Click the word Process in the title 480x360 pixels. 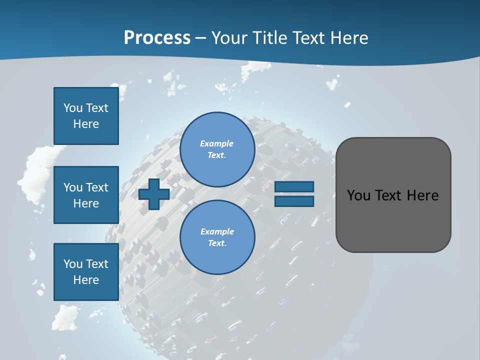pyautogui.click(x=157, y=38)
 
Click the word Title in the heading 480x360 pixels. pyautogui.click(x=270, y=38)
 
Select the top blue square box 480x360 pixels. pyautogui.click(x=86, y=116)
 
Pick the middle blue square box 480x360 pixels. pyautogui.click(x=86, y=195)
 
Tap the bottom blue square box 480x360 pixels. pyautogui.click(x=86, y=272)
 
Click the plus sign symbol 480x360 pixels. pyautogui.click(x=154, y=194)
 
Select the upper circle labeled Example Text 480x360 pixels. pyautogui.click(x=217, y=149)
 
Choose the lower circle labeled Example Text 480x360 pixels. pyautogui.click(x=217, y=237)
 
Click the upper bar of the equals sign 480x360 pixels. pyautogui.click(x=294, y=187)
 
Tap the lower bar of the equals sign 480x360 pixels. pyautogui.click(x=294, y=201)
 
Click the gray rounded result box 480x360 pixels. pyautogui.click(x=393, y=220)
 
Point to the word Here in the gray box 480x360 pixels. pyautogui.click(x=422, y=195)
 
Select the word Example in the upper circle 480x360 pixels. pyautogui.click(x=217, y=143)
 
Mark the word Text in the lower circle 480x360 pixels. pyautogui.click(x=217, y=243)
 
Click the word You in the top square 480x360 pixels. pyautogui.click(x=72, y=108)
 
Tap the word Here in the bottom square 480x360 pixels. pyautogui.click(x=86, y=280)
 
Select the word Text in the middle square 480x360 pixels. pyautogui.click(x=96, y=187)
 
